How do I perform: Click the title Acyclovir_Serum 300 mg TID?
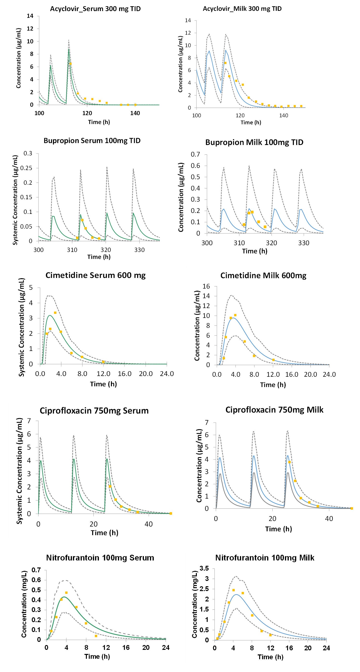95,9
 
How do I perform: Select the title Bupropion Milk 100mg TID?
254,142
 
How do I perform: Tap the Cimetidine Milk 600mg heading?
263,276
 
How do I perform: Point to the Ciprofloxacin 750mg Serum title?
94,411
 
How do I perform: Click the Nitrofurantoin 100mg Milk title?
265,558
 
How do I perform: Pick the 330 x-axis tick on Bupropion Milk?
304,243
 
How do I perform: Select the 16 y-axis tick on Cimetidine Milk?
206,286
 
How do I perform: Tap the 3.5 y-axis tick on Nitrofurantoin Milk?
204,568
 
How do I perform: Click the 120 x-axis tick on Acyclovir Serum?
87,113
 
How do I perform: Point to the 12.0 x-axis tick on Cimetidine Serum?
103,374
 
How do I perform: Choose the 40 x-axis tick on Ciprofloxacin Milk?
329,519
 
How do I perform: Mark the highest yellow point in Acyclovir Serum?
70,64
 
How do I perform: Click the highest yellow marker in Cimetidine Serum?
55,313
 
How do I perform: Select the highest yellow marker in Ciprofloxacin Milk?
289,462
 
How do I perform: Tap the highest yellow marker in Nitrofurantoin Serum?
66,593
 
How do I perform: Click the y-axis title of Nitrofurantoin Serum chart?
24,604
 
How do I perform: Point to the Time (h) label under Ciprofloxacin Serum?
104,533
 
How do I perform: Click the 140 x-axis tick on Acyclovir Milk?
284,116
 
